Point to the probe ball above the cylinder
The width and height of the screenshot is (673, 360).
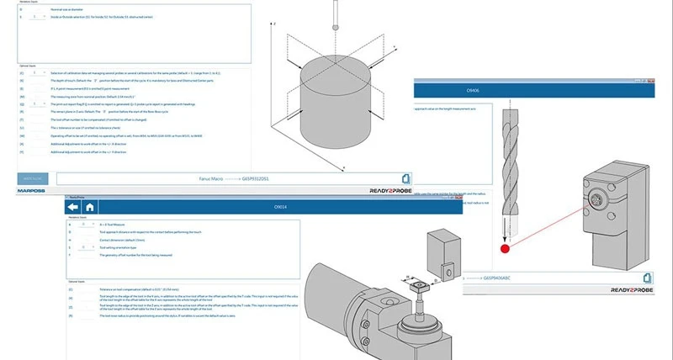pyautogui.click(x=336, y=29)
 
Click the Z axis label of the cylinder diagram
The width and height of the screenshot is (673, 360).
pyautogui.click(x=273, y=24)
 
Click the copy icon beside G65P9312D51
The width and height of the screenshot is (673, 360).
pyautogui.click(x=405, y=178)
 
